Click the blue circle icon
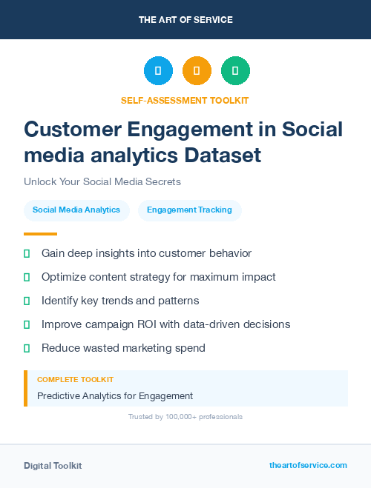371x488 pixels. pyautogui.click(x=158, y=71)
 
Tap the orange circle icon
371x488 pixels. pyautogui.click(x=197, y=71)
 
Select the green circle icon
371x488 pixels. pyautogui.click(x=235, y=71)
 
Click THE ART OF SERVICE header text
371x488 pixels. pyautogui.click(x=185, y=19)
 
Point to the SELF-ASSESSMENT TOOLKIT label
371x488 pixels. pyautogui.click(x=185, y=100)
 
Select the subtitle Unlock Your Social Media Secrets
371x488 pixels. pyautogui.click(x=102, y=181)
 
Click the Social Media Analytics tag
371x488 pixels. pyautogui.click(x=76, y=210)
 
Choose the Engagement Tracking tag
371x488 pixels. pyautogui.click(x=189, y=210)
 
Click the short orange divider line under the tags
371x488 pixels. pyautogui.click(x=30, y=233)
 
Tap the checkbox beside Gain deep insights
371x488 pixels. pyautogui.click(x=27, y=253)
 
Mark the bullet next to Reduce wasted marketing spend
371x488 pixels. pyautogui.click(x=27, y=347)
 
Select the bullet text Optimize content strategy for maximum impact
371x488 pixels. pyautogui.click(x=158, y=277)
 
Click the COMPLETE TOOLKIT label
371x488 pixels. pyautogui.click(x=76, y=379)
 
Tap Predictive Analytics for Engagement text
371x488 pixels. pyautogui.click(x=115, y=395)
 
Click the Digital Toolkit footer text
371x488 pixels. pyautogui.click(x=53, y=466)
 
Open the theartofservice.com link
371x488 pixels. pyautogui.click(x=308, y=465)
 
